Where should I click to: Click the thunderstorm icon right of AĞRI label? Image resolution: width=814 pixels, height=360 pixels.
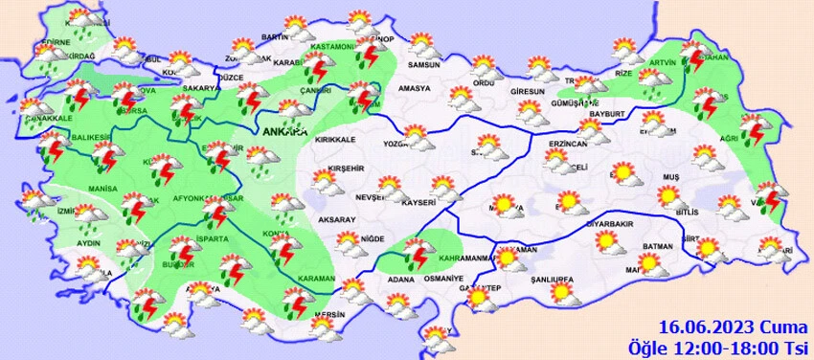tap(756, 128)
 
